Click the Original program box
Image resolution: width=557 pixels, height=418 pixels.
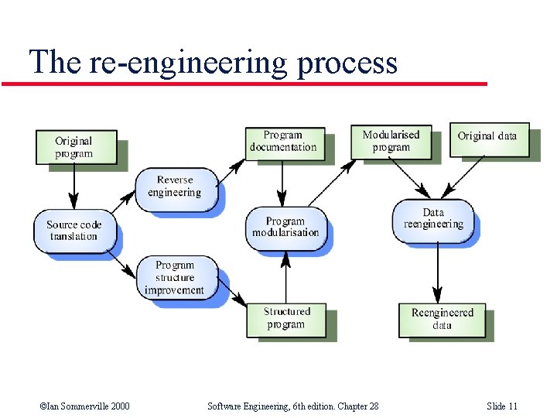click(73, 147)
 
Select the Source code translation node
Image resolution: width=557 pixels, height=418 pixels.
click(74, 230)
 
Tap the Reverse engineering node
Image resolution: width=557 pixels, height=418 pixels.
click(174, 187)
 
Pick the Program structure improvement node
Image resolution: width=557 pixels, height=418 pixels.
click(174, 278)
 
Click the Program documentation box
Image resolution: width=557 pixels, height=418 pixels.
click(283, 141)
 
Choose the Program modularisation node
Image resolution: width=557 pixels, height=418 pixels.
click(285, 226)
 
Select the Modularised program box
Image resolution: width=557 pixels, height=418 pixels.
click(391, 140)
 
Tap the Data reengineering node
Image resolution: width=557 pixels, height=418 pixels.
click(433, 218)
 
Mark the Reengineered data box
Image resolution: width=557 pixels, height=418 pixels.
click(442, 319)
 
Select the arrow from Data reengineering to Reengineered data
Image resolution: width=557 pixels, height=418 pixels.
click(438, 271)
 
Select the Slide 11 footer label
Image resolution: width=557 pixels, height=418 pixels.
click(502, 406)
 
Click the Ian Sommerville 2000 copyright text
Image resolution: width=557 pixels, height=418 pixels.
click(84, 406)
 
